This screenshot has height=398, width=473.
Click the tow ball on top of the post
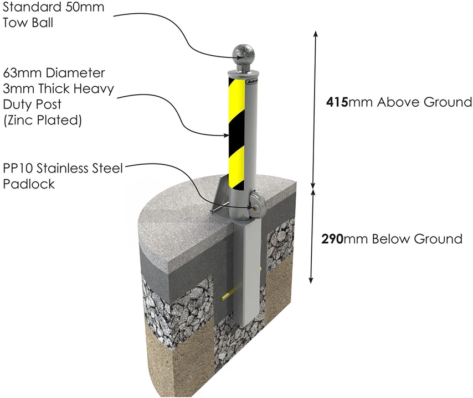pos(245,54)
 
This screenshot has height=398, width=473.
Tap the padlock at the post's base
pos(258,202)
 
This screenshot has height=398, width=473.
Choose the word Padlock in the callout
pos(29,184)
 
